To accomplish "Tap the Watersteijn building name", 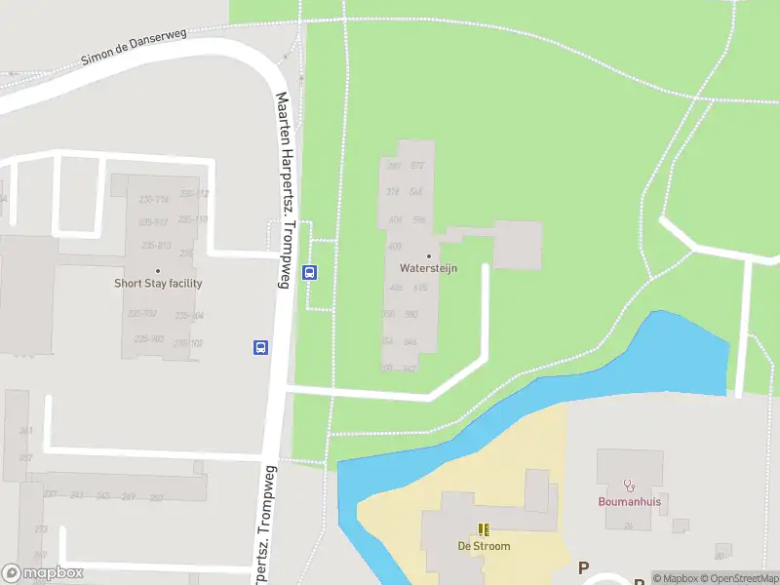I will tap(428, 268).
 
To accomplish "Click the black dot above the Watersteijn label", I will tap(428, 255).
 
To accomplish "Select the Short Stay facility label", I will tap(158, 284).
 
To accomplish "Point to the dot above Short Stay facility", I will tap(158, 271).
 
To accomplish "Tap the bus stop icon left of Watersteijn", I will tap(310, 273).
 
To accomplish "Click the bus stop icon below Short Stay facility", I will tap(261, 346).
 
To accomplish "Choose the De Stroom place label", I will tap(484, 546).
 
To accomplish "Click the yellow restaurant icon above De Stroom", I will tap(484, 529).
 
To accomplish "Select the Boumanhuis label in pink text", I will tap(629, 503).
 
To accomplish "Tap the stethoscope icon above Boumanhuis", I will tap(629, 486).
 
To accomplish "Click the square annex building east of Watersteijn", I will tap(517, 245).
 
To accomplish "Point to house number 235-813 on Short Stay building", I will tap(156, 245).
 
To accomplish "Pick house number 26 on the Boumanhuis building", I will tap(629, 526).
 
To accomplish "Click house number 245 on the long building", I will tap(102, 496).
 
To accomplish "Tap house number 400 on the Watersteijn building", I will tap(395, 246).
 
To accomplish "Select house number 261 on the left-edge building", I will tap(24, 430).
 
